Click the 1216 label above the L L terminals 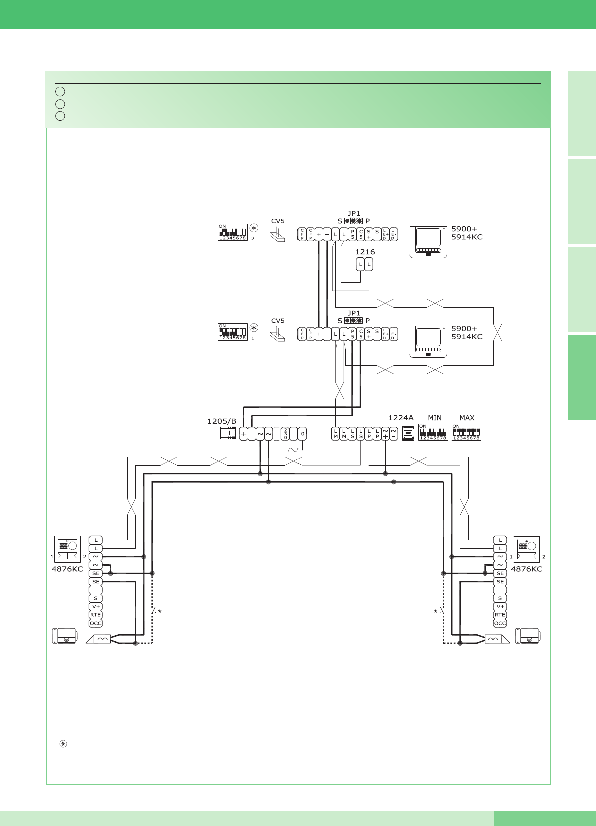pyautogui.click(x=365, y=252)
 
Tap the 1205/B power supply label pyautogui.click(x=222, y=421)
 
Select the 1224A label pyautogui.click(x=401, y=418)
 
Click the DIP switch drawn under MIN pyautogui.click(x=433, y=432)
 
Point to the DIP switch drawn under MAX pyautogui.click(x=466, y=432)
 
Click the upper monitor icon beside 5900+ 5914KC pyautogui.click(x=428, y=242)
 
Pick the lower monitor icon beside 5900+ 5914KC pyautogui.click(x=428, y=342)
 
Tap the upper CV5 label pyautogui.click(x=278, y=221)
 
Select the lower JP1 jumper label pyautogui.click(x=354, y=313)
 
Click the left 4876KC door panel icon pyautogui.click(x=67, y=549)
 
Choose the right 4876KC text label pyautogui.click(x=526, y=569)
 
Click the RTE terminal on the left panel pyautogui.click(x=95, y=615)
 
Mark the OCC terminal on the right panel pyautogui.click(x=500, y=623)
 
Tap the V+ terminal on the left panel pyautogui.click(x=95, y=606)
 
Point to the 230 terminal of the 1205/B pyautogui.click(x=285, y=433)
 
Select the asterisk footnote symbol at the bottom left pyautogui.click(x=63, y=744)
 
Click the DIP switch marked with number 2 pyautogui.click(x=233, y=232)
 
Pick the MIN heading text pyautogui.click(x=435, y=418)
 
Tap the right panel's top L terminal pyautogui.click(x=500, y=540)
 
